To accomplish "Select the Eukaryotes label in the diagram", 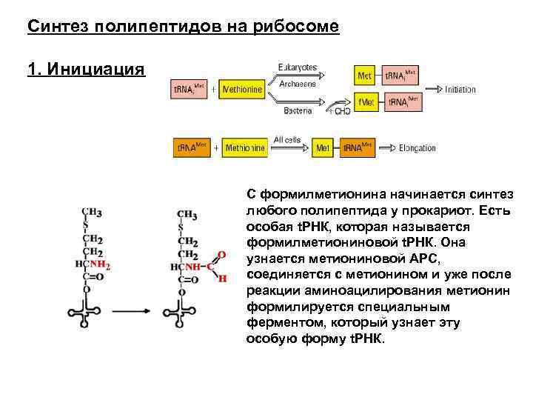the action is [296, 67].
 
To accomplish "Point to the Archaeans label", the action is [297, 84].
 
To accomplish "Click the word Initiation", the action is [460, 90].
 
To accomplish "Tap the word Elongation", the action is [417, 147].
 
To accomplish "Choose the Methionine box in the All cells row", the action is [244, 147].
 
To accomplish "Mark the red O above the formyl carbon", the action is [221, 254].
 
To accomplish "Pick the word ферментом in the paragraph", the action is [278, 323].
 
